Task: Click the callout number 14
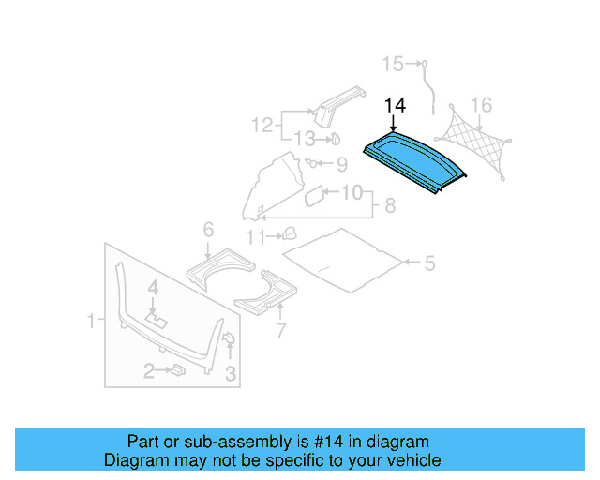(395, 107)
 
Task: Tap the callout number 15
(393, 64)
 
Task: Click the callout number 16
(481, 103)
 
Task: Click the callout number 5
(429, 263)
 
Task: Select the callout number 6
(208, 228)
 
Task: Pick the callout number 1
(92, 322)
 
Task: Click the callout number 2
(148, 372)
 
